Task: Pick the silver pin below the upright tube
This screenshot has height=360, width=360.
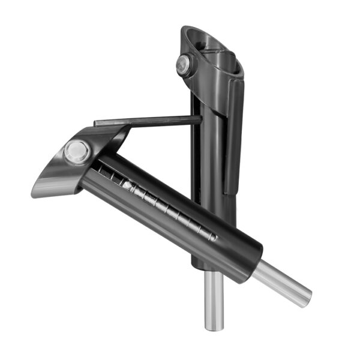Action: coord(213,300)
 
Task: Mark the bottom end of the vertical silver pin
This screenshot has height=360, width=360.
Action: coord(213,327)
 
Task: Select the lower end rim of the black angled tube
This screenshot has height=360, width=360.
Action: coord(255,261)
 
